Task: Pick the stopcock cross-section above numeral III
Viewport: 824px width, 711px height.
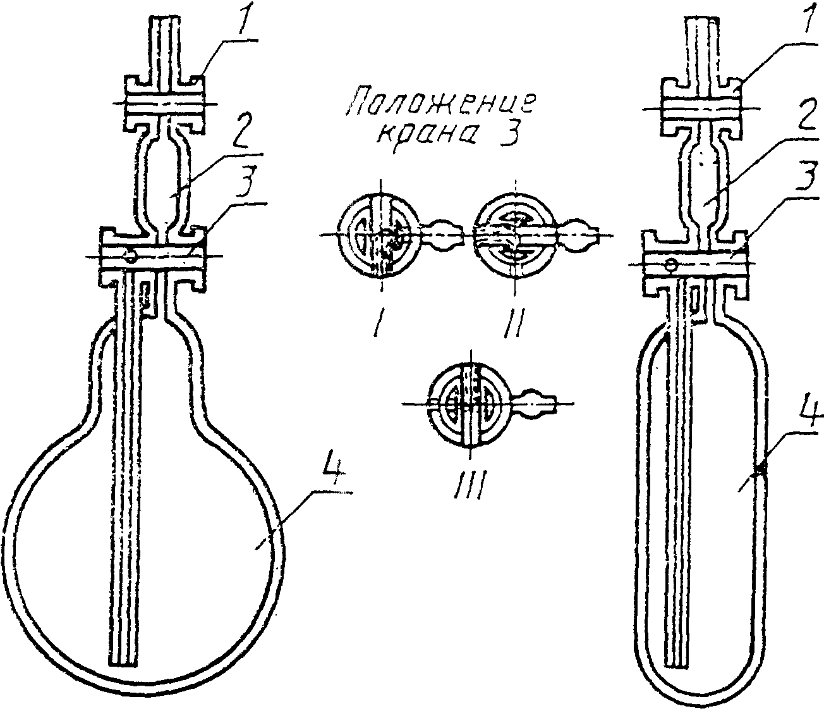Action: pyautogui.click(x=468, y=404)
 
